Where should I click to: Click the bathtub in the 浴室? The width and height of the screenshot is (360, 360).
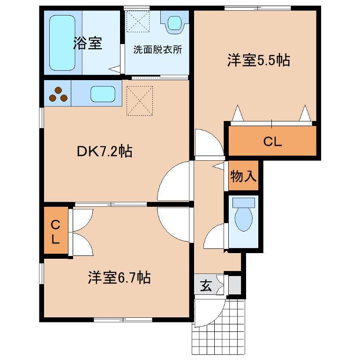click(62, 43)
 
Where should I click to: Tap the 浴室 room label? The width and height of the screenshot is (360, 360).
click(88, 43)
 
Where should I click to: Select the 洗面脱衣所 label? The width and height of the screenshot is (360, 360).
click(157, 49)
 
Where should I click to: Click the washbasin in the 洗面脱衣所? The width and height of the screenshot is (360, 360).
click(175, 23)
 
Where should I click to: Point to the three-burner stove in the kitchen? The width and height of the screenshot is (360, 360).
click(58, 94)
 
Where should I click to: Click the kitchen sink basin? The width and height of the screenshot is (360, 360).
click(103, 94)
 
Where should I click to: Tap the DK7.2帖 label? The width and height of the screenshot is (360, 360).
click(105, 151)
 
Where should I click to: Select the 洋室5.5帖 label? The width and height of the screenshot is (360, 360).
click(259, 60)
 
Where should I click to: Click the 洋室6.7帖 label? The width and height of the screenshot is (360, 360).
click(119, 277)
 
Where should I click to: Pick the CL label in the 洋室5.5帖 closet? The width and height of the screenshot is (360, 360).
click(272, 142)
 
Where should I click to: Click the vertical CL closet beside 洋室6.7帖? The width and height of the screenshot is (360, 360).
click(56, 231)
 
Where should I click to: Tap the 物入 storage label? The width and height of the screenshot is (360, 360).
click(243, 176)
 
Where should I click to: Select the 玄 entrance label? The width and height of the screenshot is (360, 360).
click(206, 285)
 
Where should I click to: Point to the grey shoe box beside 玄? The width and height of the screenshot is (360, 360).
click(235, 285)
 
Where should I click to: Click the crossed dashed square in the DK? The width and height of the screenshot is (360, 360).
click(140, 101)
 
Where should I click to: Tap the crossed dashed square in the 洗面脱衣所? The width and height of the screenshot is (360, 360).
click(138, 22)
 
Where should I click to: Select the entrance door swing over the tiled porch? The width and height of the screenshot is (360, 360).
click(218, 318)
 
